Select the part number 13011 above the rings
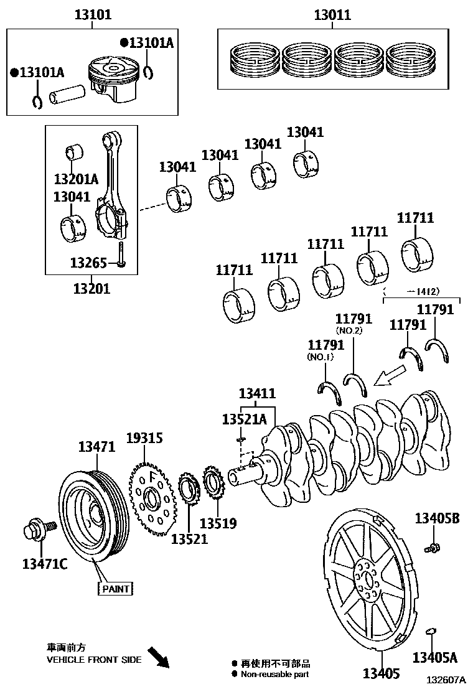coord(331,14)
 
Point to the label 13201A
coord(76,179)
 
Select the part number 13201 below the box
coord(91,288)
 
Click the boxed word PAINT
coord(116,589)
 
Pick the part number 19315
coord(144,438)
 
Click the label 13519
coord(218,523)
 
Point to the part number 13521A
coord(244,419)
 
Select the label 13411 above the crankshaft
coord(257,393)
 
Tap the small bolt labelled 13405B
coord(430,548)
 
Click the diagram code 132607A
coord(446,682)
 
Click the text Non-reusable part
coord(274,674)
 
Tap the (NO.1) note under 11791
coord(321,357)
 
